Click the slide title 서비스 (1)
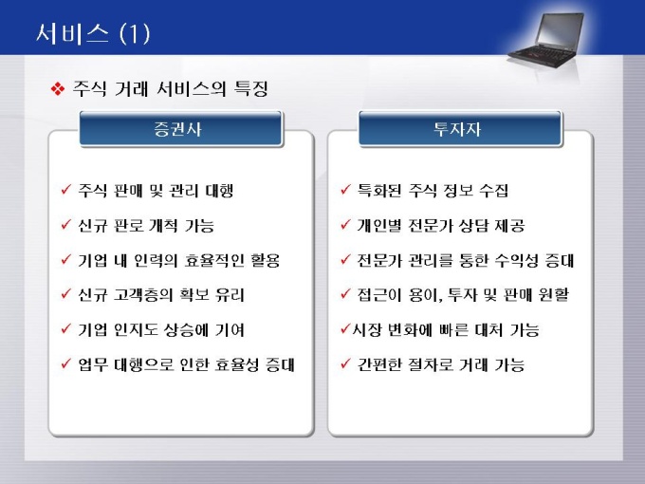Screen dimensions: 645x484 click(93, 34)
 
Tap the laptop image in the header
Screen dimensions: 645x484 click(545, 40)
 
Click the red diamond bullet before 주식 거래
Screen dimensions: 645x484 click(58, 89)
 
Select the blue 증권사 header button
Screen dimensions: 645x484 click(180, 129)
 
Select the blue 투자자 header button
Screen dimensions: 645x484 click(459, 129)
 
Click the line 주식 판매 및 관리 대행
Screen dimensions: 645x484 click(156, 191)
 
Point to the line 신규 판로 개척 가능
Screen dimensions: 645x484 click(146, 226)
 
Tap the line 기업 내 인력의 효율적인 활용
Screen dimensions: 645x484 click(179, 261)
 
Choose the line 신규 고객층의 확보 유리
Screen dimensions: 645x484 click(161, 295)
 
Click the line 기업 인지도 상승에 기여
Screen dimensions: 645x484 click(161, 330)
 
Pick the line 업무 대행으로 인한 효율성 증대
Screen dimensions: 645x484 click(186, 364)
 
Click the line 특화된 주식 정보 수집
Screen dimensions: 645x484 click(433, 191)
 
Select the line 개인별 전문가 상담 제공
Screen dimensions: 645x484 click(441, 226)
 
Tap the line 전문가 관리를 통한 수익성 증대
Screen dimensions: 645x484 click(465, 261)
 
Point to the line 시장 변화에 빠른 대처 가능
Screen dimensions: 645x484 click(446, 330)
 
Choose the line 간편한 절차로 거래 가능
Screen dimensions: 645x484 click(441, 364)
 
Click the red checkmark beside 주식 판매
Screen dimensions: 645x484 click(65, 189)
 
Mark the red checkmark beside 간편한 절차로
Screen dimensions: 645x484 click(345, 363)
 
